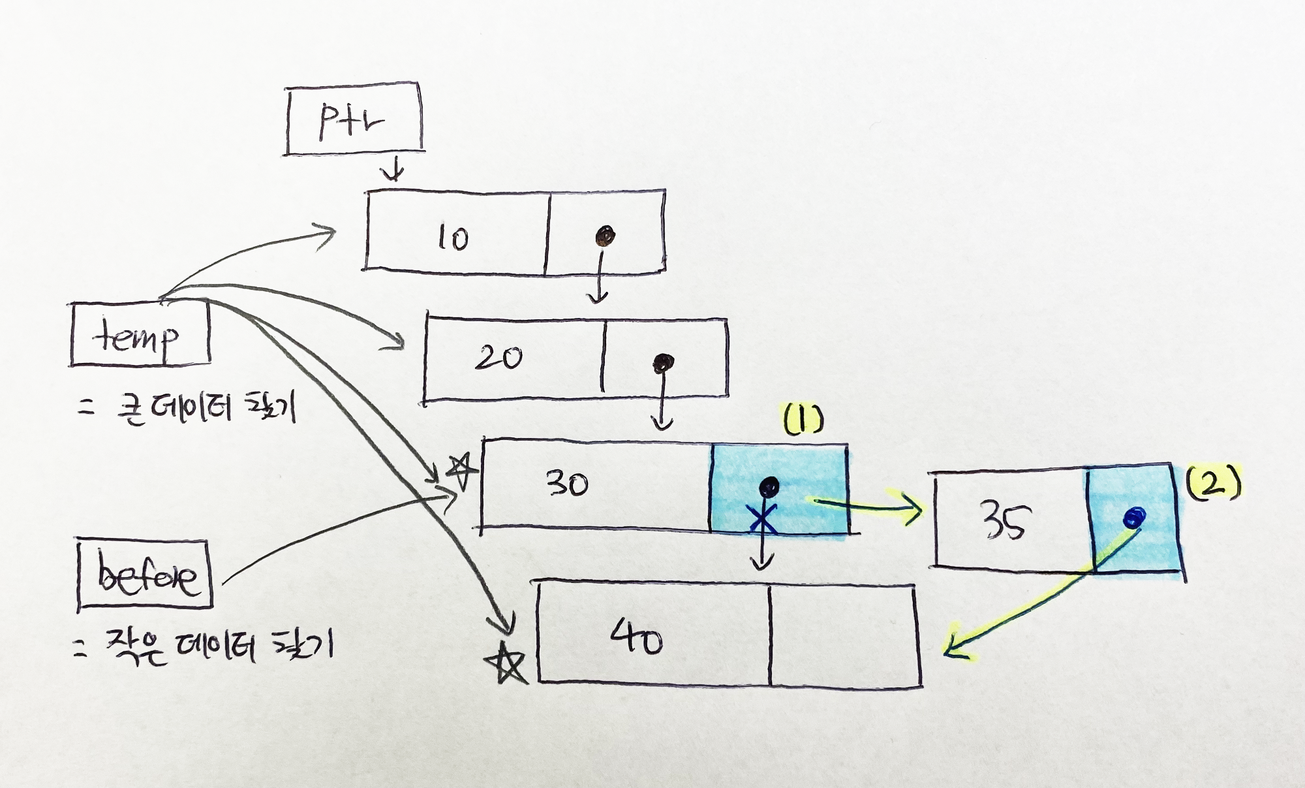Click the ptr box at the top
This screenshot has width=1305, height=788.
tap(353, 119)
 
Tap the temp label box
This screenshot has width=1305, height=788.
tap(139, 334)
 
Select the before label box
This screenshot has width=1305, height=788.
tap(145, 575)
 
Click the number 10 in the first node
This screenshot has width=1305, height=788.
tap(453, 238)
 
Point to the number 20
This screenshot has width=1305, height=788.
tap(499, 357)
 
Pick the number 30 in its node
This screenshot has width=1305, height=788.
tap(567, 484)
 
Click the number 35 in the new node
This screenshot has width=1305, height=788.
tap(1005, 521)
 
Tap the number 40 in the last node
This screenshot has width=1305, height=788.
tap(636, 637)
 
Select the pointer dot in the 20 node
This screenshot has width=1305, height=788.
tap(664, 362)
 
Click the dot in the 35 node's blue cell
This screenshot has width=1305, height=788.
tap(1134, 518)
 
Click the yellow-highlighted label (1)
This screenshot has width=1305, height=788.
tap(803, 421)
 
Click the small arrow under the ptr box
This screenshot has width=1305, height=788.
tap(393, 171)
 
